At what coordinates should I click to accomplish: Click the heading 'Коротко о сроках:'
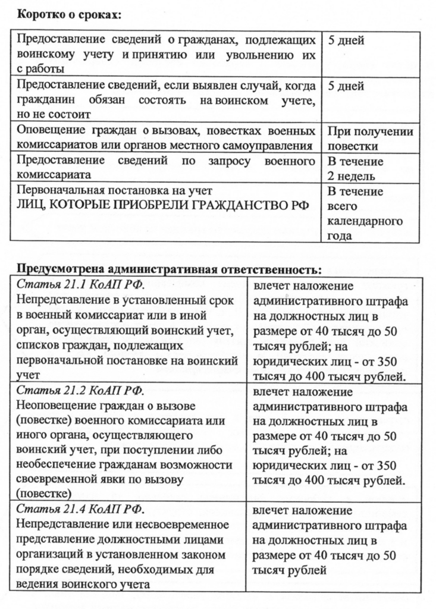click(68, 15)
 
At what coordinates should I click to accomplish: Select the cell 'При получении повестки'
click(371, 139)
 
